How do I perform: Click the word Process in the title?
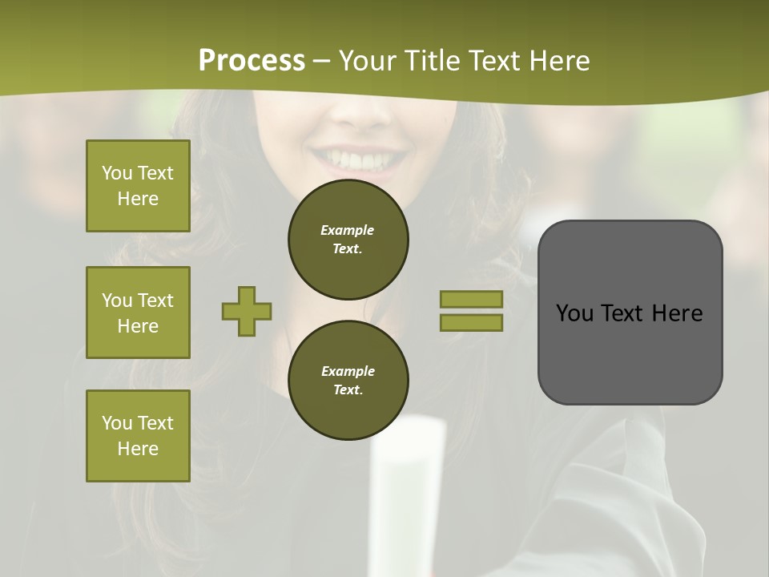(252, 61)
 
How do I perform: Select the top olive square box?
(138, 186)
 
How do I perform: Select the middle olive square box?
(138, 313)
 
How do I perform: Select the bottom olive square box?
(138, 436)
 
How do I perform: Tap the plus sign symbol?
(247, 311)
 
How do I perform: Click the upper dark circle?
(348, 240)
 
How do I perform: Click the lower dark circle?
(348, 381)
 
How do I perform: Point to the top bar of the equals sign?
(471, 299)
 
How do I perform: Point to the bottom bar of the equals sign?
(471, 322)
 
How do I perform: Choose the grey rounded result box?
(630, 313)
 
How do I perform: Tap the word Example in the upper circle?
(347, 230)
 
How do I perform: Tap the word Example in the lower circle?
(348, 371)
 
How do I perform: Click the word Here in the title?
(559, 61)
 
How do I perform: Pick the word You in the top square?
(116, 173)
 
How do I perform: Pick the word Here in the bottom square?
(138, 449)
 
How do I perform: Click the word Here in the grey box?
(678, 313)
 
